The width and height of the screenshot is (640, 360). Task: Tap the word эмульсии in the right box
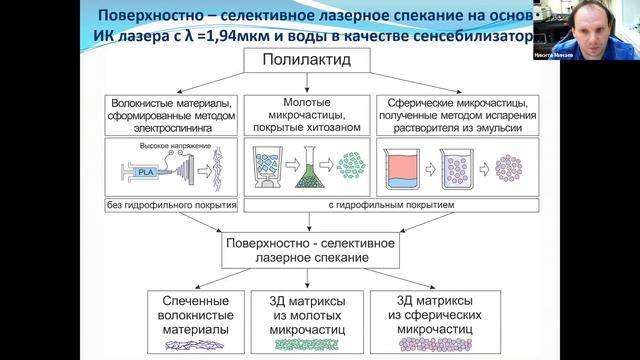point(509,127)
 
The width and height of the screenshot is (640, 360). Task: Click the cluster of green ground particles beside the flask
point(352,166)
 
